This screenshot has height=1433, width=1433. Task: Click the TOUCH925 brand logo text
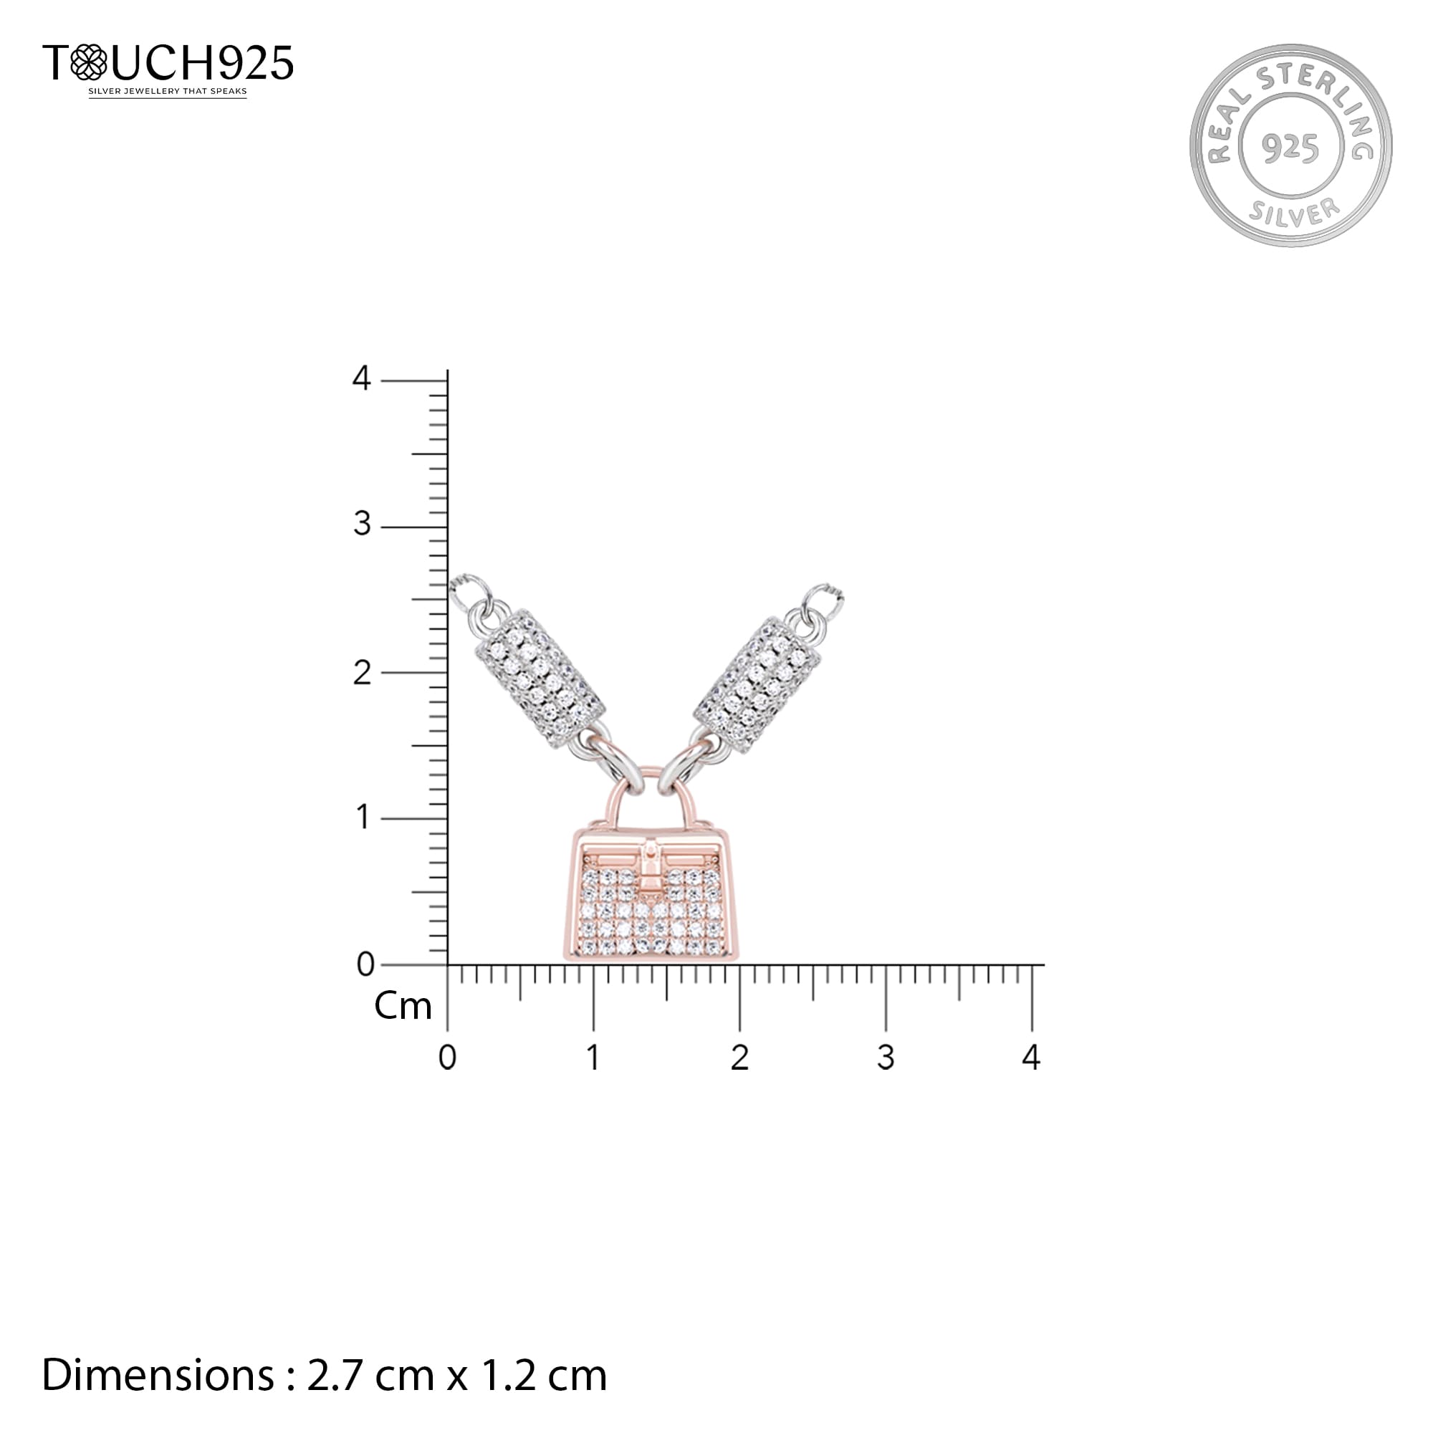168,62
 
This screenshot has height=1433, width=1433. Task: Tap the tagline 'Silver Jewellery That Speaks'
168,92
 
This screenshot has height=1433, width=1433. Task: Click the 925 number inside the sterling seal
1290,148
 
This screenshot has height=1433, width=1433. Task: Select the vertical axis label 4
361,378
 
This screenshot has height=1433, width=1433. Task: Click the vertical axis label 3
361,524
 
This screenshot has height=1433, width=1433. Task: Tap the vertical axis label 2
361,673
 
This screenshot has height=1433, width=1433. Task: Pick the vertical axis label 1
363,818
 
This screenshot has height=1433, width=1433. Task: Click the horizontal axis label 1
593,1058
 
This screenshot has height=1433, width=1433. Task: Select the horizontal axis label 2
739,1058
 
